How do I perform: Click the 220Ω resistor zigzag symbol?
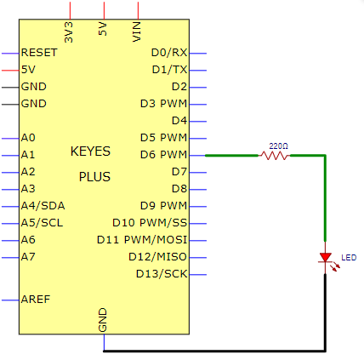pos(274,156)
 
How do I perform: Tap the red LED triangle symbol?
pos(325,258)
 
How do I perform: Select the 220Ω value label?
pos(278,146)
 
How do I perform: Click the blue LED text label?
pos(349,258)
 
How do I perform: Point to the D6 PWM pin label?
pos(163,155)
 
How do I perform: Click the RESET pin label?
pos(39,53)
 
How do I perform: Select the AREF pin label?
pos(36,300)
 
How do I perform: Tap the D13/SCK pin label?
pos(162,274)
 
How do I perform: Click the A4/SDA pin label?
pos(43,206)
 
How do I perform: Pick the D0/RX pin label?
pos(169,53)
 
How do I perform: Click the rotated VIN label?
pos(137,31)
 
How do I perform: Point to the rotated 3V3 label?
pos(69,32)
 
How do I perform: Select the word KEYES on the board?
pos(90,151)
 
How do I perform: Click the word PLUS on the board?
pos(94,177)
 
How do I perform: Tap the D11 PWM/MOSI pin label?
pos(142,240)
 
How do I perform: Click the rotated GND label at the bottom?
pos(102,320)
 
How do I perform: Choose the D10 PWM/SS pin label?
pos(150,223)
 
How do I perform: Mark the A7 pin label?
pos(28,257)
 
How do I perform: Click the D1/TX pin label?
pos(169,70)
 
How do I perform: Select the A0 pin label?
pos(28,138)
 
